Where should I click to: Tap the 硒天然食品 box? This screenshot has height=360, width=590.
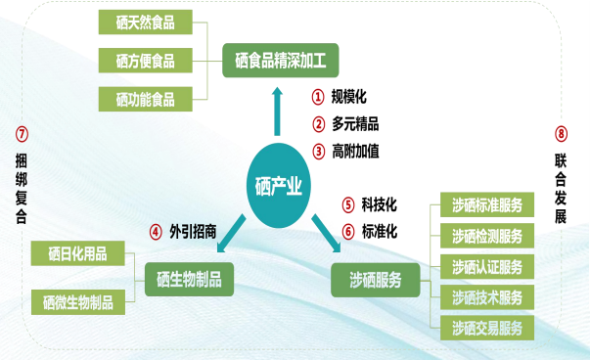tap(145, 22)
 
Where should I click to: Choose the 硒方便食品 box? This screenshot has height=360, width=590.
tap(145, 61)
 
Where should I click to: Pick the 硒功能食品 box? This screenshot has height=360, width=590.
tap(145, 99)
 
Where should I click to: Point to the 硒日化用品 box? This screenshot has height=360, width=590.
tap(77, 254)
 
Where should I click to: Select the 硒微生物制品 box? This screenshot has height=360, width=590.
tap(77, 302)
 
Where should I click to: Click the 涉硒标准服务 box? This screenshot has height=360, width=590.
tap(486, 205)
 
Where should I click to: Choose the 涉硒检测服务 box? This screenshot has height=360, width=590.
tap(486, 236)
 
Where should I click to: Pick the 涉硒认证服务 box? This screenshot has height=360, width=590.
tap(486, 266)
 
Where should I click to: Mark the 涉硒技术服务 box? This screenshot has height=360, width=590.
tap(486, 296)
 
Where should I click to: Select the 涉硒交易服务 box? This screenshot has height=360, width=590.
tap(486, 326)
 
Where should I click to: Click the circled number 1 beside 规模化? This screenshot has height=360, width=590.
tap(318, 97)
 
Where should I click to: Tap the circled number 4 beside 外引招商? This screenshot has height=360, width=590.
tap(155, 232)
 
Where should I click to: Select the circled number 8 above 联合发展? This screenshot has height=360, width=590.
tap(561, 134)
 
